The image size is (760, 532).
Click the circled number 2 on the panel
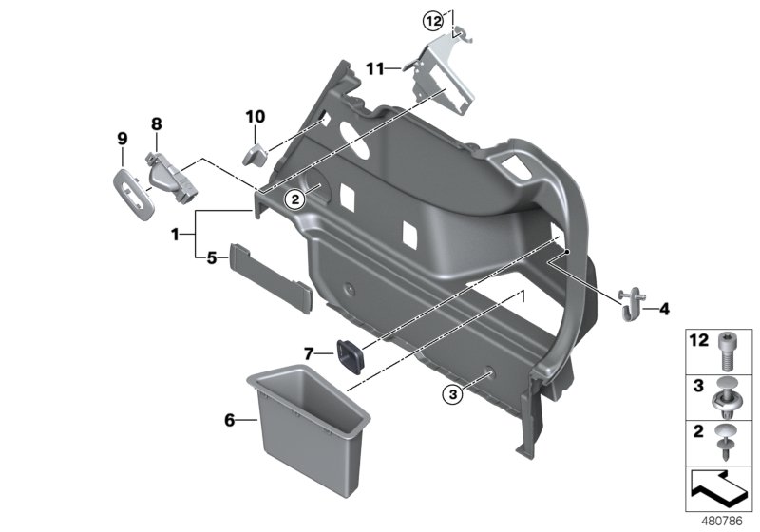(x=294, y=199)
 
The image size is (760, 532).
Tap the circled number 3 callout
(x=451, y=392)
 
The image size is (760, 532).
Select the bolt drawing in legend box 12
(x=728, y=349)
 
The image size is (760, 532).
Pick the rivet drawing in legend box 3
(x=728, y=394)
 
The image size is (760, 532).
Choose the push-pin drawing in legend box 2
(x=728, y=441)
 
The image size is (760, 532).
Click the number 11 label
(x=376, y=68)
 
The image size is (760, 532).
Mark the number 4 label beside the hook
(x=664, y=308)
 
